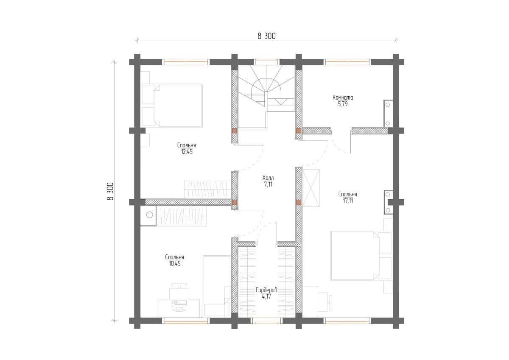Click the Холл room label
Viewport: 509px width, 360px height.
point(268,178)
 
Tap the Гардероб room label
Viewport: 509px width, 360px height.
point(266,290)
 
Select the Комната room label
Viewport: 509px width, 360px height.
point(343,98)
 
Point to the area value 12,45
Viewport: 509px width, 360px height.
point(187,152)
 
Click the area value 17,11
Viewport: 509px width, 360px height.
point(348,201)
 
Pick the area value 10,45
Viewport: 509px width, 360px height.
point(175,264)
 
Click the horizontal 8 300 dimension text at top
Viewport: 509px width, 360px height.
point(266,36)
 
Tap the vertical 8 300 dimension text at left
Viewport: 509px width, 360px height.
point(110,191)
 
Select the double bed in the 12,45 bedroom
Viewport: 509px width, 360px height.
point(172,106)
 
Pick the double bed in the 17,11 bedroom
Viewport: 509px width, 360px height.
point(362,256)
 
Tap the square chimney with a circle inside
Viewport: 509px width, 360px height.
point(148,216)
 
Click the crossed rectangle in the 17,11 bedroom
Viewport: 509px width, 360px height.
point(311,188)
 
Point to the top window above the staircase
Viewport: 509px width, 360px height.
point(266,62)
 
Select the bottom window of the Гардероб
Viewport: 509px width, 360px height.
point(266,321)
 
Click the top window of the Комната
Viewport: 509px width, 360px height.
point(347,62)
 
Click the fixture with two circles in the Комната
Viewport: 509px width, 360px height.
point(388,114)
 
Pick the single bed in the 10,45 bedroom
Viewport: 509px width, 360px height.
point(217,286)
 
